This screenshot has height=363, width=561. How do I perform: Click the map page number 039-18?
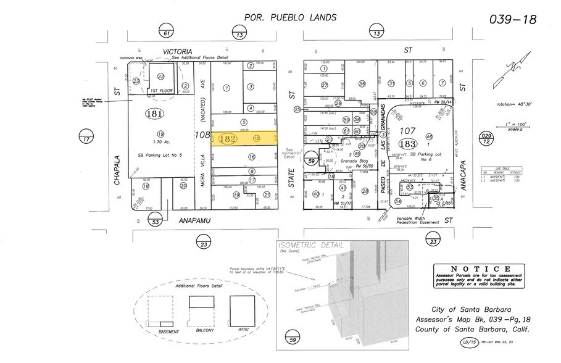click(513, 19)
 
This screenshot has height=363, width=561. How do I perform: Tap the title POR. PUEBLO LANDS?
click(291, 18)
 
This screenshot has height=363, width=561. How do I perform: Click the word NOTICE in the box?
click(479, 269)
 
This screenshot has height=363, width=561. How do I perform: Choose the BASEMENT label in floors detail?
click(168, 332)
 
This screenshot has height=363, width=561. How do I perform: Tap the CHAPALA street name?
click(116, 169)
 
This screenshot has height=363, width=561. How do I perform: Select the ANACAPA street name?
click(462, 167)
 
